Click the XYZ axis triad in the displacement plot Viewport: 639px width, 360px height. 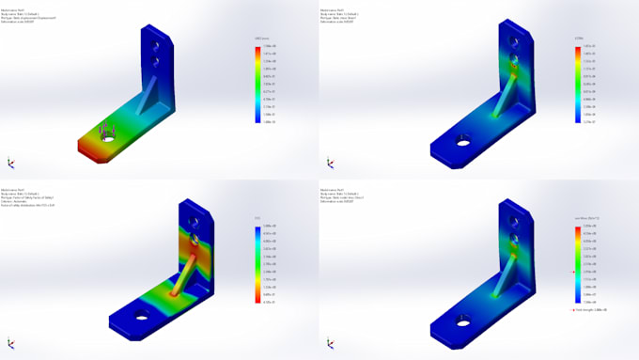tap(10, 163)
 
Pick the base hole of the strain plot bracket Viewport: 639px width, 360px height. tap(462, 143)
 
